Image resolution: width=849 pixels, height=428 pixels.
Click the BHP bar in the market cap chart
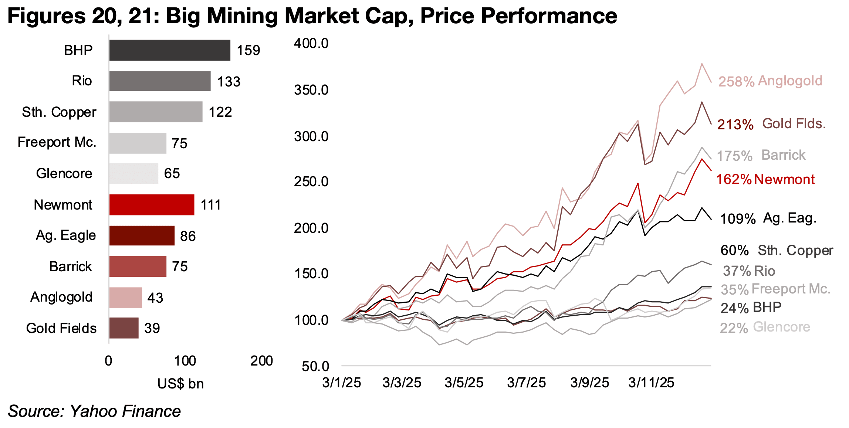click(x=169, y=50)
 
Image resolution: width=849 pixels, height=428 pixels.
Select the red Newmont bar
click(x=152, y=205)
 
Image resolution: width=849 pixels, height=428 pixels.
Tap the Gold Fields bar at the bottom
click(x=124, y=328)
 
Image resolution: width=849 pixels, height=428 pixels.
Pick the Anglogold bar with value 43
click(x=125, y=298)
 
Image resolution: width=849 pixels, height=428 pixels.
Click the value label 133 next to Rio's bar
click(x=229, y=82)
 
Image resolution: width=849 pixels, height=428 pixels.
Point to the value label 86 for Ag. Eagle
click(x=188, y=236)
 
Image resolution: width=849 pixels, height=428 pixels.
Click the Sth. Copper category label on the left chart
click(x=59, y=112)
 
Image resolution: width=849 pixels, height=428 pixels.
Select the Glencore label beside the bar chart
click(x=64, y=173)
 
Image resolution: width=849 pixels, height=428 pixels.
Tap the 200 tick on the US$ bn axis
click(x=261, y=361)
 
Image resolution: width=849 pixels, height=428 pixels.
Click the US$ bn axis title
click(x=180, y=384)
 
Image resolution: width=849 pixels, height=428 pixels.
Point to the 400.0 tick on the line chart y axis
click(x=311, y=44)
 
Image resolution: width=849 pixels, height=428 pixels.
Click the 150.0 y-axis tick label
click(x=311, y=274)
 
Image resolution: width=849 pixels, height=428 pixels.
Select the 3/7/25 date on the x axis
click(x=526, y=383)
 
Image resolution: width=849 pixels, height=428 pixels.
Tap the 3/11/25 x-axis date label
click(x=651, y=383)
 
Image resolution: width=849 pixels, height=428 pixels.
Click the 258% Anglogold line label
click(x=770, y=81)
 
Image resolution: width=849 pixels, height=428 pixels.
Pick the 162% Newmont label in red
click(x=765, y=180)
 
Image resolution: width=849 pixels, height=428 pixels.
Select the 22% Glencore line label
click(x=765, y=327)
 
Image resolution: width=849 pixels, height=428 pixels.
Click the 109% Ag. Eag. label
click(x=768, y=218)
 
